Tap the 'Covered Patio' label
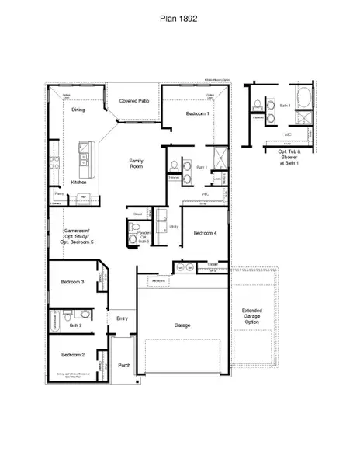coord(133,102)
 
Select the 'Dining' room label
coord(78,110)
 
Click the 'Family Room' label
coord(138,163)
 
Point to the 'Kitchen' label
coord(78,182)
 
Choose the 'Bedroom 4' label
coord(205,233)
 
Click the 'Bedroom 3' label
coord(72,281)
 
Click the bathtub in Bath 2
coord(56,320)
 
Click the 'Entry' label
coord(122,318)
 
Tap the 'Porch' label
coord(122,365)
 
